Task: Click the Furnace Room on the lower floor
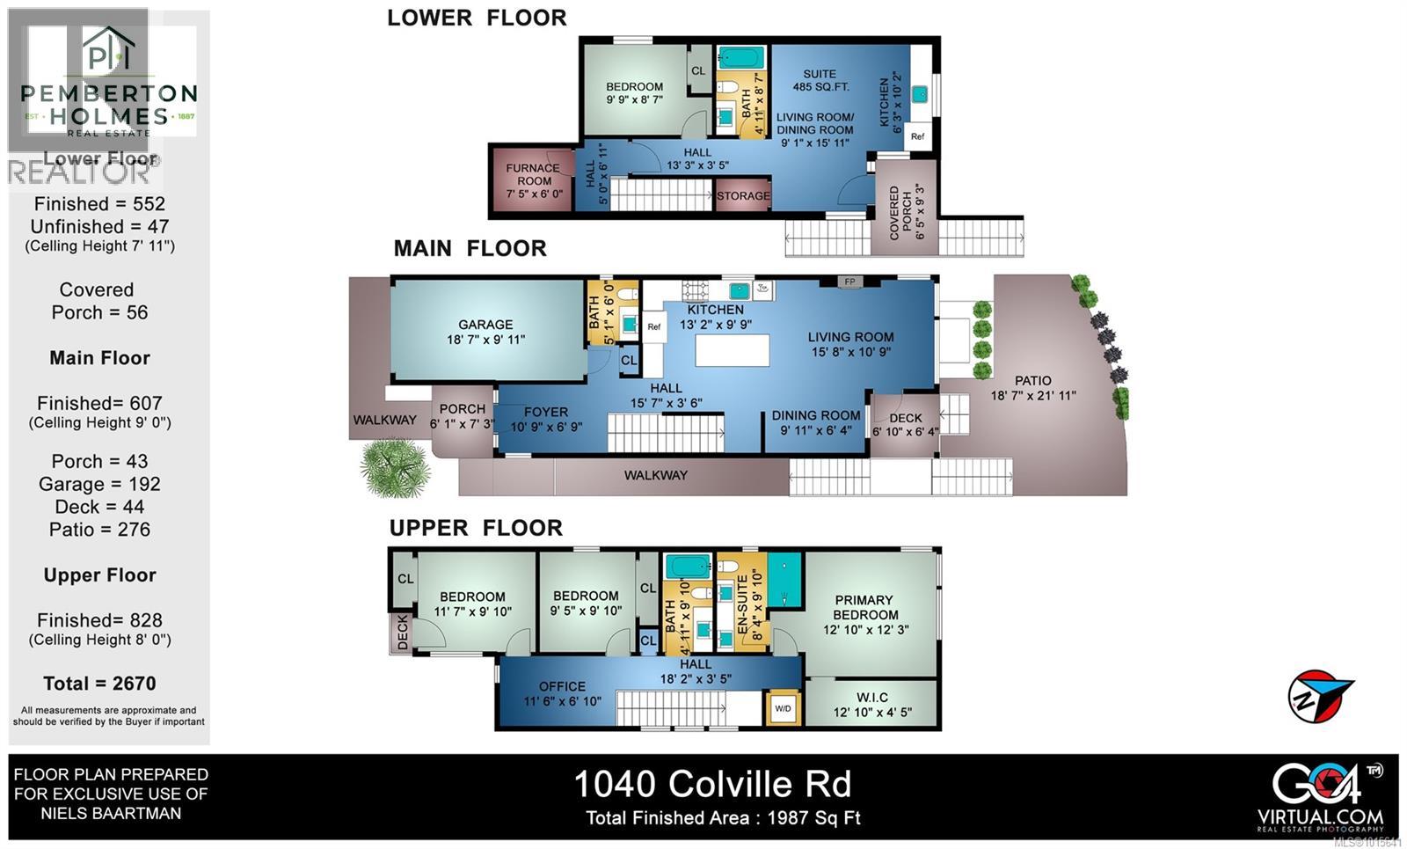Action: pyautogui.click(x=533, y=180)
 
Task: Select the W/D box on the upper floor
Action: pyautogui.click(x=783, y=707)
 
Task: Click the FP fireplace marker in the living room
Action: pyautogui.click(x=849, y=282)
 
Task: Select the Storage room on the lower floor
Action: pyautogui.click(x=743, y=196)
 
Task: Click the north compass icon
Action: pyautogui.click(x=1318, y=696)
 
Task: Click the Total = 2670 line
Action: pyautogui.click(x=99, y=684)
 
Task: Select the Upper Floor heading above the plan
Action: pyautogui.click(x=476, y=528)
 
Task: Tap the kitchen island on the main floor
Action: pyautogui.click(x=733, y=350)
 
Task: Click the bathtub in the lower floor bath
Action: pyautogui.click(x=741, y=59)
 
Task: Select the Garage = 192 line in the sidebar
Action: pyautogui.click(x=99, y=484)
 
